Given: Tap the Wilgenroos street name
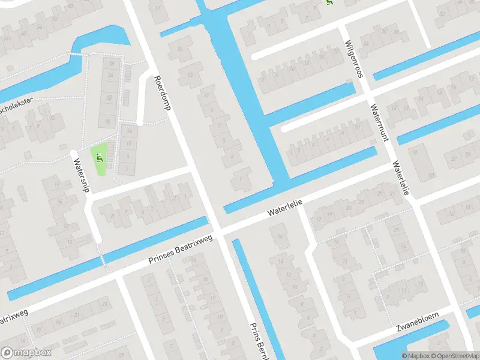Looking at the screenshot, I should point(354,59).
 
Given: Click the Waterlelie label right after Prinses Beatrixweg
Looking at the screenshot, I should point(284,209).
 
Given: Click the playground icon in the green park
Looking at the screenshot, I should point(100,159).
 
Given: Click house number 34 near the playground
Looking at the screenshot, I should point(110,75).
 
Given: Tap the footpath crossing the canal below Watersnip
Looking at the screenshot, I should point(103,260).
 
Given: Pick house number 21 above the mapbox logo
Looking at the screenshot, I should point(78,314).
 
